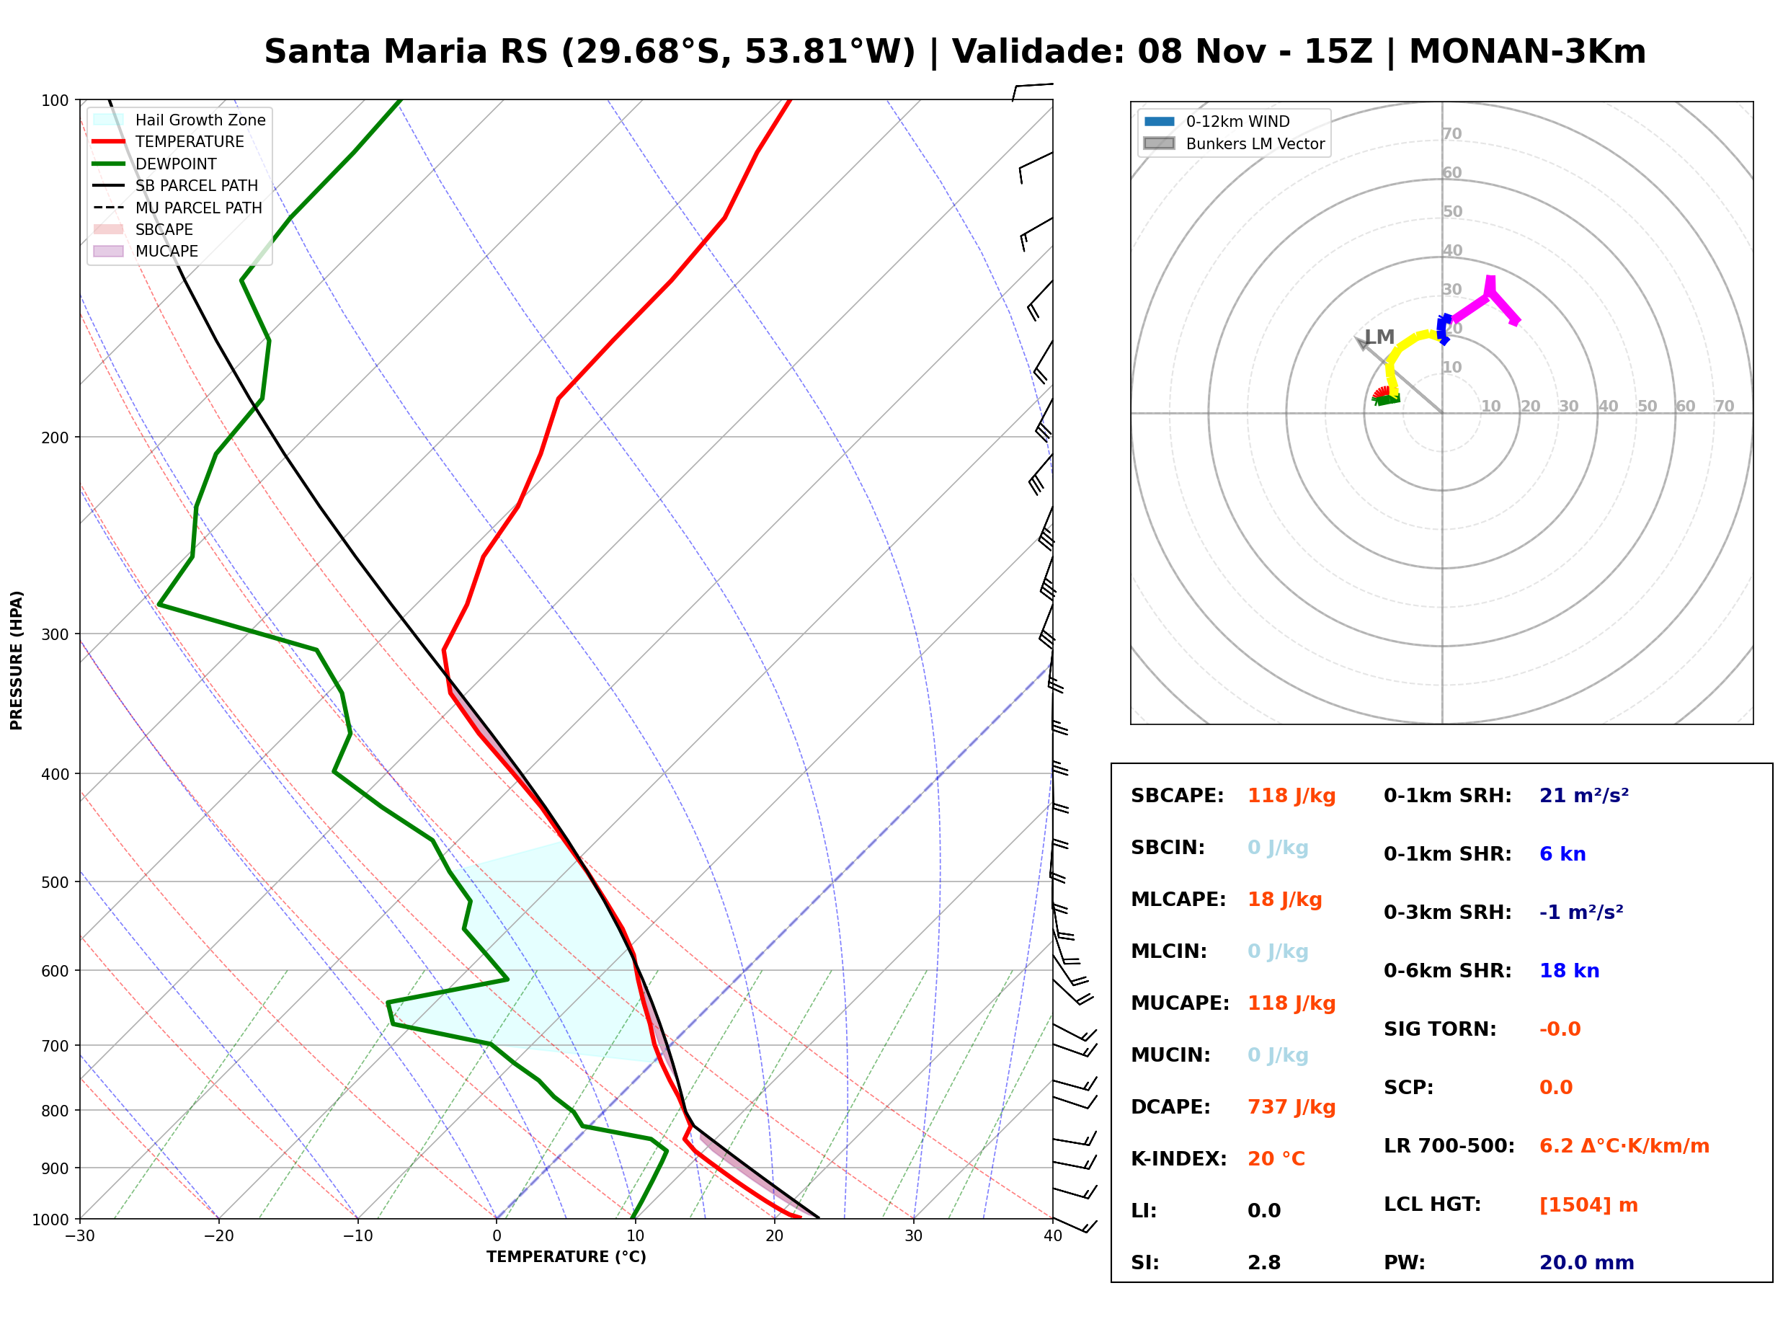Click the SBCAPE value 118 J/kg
pyautogui.click(x=1291, y=796)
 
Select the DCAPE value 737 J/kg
pyautogui.click(x=1291, y=1107)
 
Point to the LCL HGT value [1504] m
pyautogui.click(x=1588, y=1205)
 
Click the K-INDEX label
pyautogui.click(x=1178, y=1159)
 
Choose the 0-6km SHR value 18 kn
pyautogui.click(x=1569, y=971)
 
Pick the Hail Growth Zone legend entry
pyautogui.click(x=179, y=120)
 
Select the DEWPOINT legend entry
pyautogui.click(x=155, y=164)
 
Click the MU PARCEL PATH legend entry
pyautogui.click(x=177, y=208)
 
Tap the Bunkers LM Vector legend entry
pyautogui.click(x=1234, y=143)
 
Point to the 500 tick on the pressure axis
pyautogui.click(x=55, y=882)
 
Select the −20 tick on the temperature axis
pyautogui.click(x=218, y=1236)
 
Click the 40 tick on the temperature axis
pyautogui.click(x=1052, y=1236)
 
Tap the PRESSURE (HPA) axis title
pyautogui.click(x=17, y=660)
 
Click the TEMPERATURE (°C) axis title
pyautogui.click(x=566, y=1257)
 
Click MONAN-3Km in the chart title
pyautogui.click(x=1527, y=52)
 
